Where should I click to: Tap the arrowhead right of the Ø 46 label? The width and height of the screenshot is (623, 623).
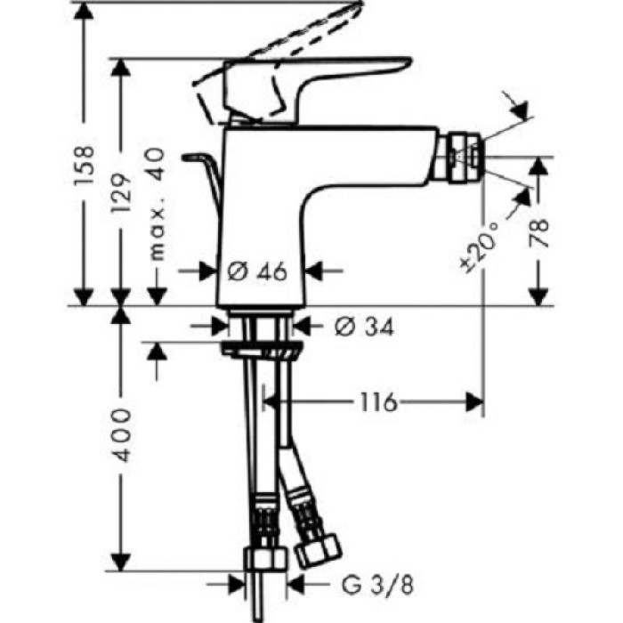[314, 271]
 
